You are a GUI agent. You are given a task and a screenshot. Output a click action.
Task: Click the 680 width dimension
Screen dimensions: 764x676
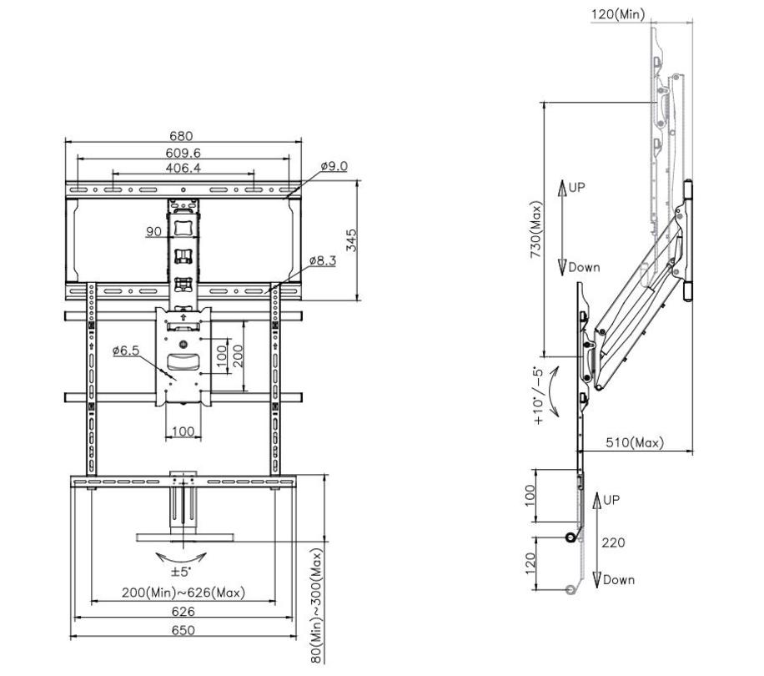coord(181,135)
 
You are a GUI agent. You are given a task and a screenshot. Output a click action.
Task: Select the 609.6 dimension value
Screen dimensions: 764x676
coord(183,153)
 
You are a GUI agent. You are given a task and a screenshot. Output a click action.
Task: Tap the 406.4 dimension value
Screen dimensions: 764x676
coord(183,168)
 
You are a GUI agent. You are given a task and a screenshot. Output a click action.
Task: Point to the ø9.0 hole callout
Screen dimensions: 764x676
coord(334,166)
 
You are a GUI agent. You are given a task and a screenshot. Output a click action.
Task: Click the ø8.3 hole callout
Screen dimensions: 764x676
coord(323,260)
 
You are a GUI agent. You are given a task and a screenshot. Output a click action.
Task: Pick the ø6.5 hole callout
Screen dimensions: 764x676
coord(126,350)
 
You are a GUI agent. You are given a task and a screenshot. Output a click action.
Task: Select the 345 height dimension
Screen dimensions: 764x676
coord(352,240)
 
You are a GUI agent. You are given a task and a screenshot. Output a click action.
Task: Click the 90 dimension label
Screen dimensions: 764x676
coord(153,231)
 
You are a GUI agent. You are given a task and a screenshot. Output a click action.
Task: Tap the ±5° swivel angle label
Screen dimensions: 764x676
coord(181,571)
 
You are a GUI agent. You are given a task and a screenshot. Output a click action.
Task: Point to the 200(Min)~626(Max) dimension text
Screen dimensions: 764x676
coord(183,593)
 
